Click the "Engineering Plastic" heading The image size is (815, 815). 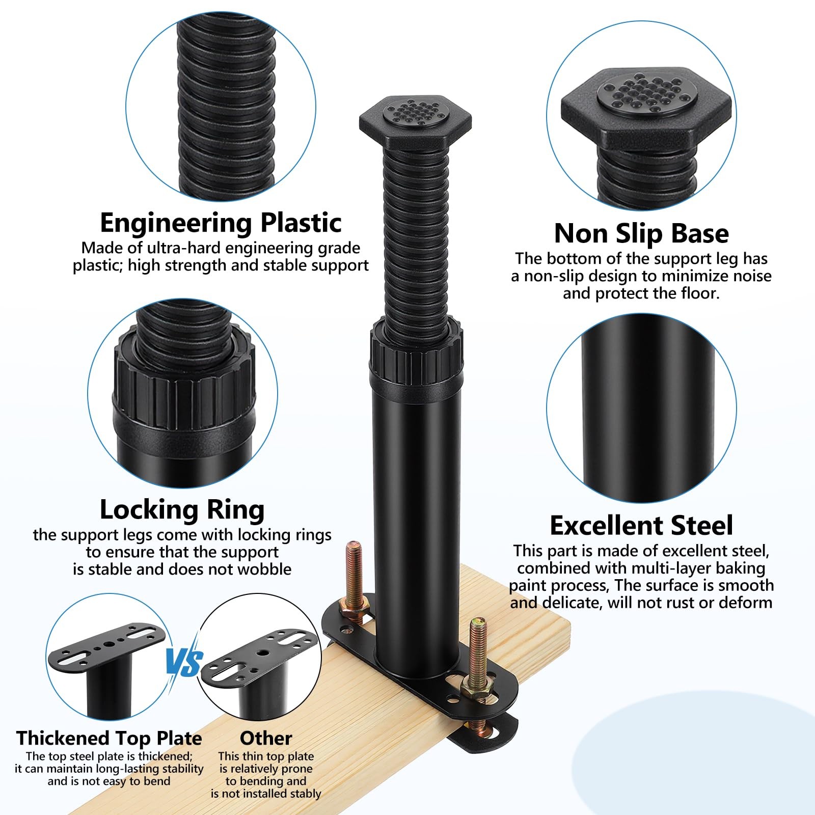[221, 223]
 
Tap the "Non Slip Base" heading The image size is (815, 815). [641, 233]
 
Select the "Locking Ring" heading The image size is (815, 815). [182, 510]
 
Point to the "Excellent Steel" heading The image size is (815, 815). [641, 526]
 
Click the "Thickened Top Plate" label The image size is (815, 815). [109, 738]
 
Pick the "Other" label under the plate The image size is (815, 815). [266, 738]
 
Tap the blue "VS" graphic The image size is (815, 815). [184, 663]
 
